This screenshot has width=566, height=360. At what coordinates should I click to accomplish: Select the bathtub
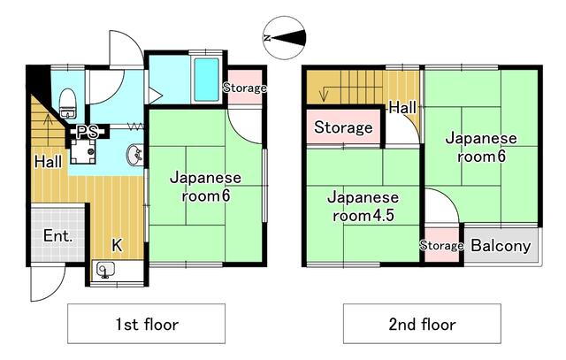pyautogui.click(x=206, y=80)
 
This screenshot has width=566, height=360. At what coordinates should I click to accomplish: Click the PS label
pyautogui.click(x=88, y=132)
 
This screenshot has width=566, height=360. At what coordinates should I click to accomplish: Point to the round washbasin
pyautogui.click(x=135, y=156)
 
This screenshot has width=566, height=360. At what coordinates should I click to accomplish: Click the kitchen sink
pyautogui.click(x=105, y=270)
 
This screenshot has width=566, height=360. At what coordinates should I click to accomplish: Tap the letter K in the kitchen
pyautogui.click(x=117, y=245)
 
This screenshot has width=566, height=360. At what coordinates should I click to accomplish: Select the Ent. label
pyautogui.click(x=58, y=236)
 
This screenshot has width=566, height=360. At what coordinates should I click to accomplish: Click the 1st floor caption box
pyautogui.click(x=146, y=324)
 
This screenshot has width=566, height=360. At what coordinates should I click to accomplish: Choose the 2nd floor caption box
pyautogui.click(x=422, y=324)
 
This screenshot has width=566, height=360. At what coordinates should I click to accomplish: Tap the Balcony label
pyautogui.click(x=501, y=246)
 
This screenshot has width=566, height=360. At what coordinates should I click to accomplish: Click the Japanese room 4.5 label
pyautogui.click(x=363, y=207)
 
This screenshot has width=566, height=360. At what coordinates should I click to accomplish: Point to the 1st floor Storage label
pyautogui.click(x=245, y=88)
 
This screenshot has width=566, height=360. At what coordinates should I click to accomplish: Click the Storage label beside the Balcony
pyautogui.click(x=441, y=246)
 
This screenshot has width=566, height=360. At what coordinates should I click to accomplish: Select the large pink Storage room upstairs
pyautogui.click(x=343, y=127)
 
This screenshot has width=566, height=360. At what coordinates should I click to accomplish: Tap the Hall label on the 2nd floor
pyautogui.click(x=402, y=108)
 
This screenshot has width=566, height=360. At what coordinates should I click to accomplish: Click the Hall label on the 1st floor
pyautogui.click(x=48, y=161)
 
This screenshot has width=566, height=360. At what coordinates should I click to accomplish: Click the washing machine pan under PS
pyautogui.click(x=82, y=151)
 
